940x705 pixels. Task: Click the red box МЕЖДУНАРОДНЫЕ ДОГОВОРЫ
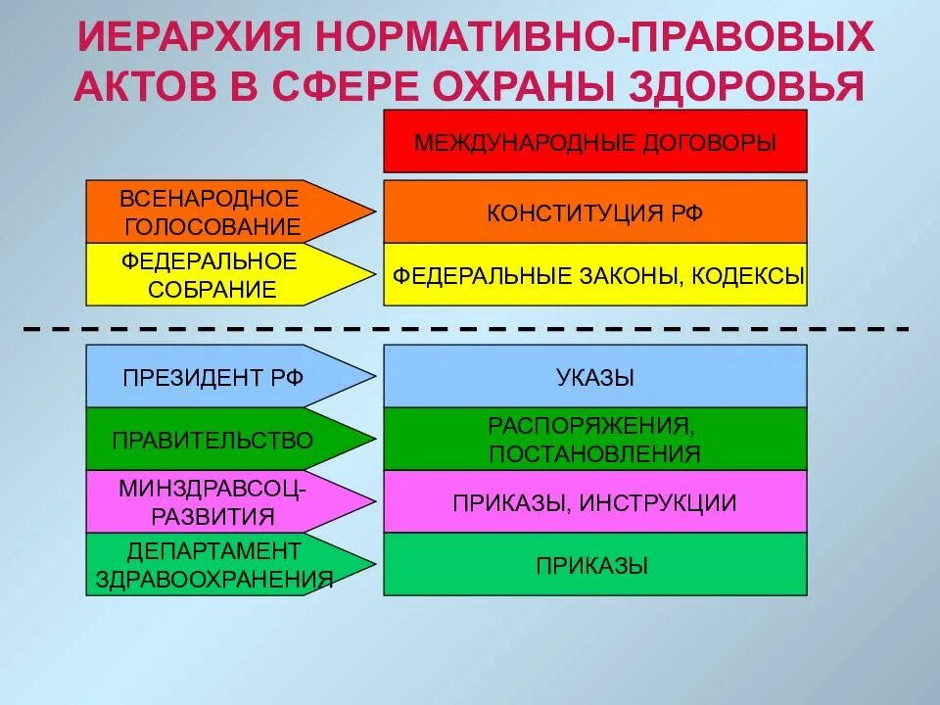(594, 142)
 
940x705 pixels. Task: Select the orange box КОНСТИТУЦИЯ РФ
(594, 211)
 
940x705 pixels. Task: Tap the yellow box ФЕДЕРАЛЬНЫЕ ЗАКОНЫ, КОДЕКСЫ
(594, 274)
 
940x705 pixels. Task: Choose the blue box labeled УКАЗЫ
(594, 376)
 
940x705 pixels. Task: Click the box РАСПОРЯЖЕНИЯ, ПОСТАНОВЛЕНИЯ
(594, 439)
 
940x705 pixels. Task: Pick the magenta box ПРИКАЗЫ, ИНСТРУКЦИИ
(594, 502)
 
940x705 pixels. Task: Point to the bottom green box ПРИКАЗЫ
(594, 564)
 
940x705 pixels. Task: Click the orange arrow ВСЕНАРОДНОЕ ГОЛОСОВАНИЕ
(211, 211)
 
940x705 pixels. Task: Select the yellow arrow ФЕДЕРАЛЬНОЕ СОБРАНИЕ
(211, 274)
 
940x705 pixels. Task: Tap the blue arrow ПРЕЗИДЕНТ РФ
(211, 377)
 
